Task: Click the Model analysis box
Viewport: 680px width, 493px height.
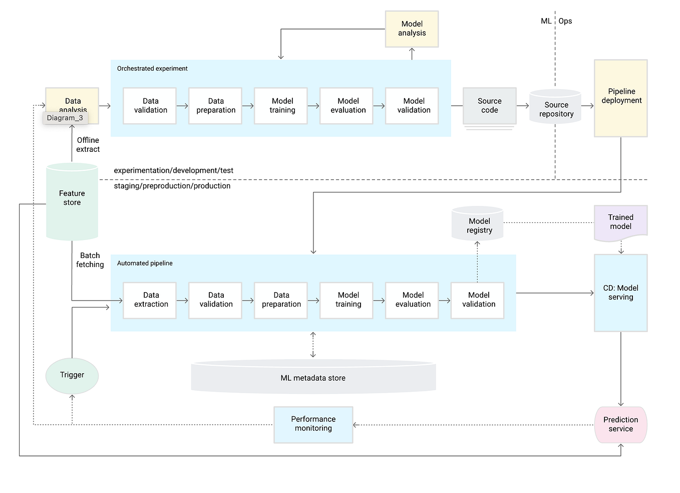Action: tap(412, 29)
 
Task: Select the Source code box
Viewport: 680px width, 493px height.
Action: tap(489, 106)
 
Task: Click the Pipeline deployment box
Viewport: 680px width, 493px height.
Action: tap(620, 98)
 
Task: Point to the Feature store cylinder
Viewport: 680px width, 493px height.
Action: tap(72, 200)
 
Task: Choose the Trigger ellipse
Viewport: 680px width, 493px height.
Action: tap(72, 375)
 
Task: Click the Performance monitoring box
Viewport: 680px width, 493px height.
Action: tap(313, 424)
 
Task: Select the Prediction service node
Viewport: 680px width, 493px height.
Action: tap(620, 425)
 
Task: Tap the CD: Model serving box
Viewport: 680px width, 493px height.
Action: tap(620, 293)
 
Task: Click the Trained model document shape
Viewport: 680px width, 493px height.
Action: tap(620, 222)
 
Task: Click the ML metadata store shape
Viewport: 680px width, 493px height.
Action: tap(313, 377)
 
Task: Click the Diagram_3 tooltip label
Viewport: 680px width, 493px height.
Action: tap(65, 118)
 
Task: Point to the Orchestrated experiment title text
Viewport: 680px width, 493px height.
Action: tap(152, 69)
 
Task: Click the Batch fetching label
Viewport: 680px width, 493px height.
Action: tap(90, 260)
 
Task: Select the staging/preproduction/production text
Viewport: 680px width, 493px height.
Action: tap(172, 186)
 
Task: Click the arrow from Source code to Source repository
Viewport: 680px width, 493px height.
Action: tap(523, 106)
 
